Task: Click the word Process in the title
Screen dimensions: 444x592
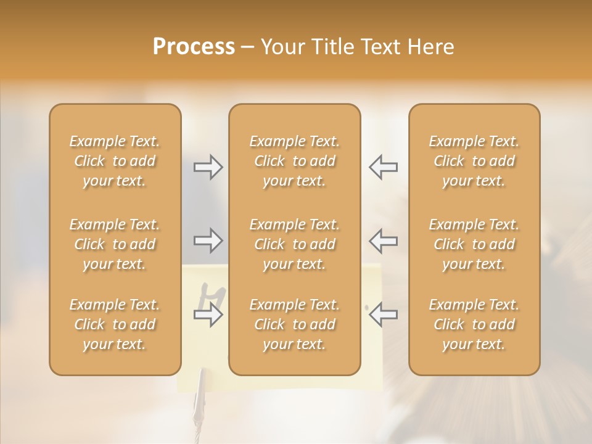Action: (x=194, y=47)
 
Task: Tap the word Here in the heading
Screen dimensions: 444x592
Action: (x=432, y=47)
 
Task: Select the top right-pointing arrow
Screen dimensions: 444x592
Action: (x=208, y=167)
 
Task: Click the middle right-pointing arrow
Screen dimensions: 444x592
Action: (x=208, y=240)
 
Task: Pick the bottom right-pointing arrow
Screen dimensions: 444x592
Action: (x=208, y=316)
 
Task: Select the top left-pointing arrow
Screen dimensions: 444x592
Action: (x=384, y=167)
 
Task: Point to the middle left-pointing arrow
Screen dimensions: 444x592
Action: (x=384, y=240)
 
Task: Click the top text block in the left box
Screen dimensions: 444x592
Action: (x=115, y=161)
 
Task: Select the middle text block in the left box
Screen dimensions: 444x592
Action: (x=115, y=244)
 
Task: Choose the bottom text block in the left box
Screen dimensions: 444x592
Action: (x=115, y=324)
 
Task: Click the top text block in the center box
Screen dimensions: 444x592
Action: (x=295, y=161)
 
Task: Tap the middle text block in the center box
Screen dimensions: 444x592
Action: (x=295, y=244)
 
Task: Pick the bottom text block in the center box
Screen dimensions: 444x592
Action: (x=295, y=324)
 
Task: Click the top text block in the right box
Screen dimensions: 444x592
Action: (x=474, y=161)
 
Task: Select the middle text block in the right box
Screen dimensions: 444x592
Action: (x=474, y=244)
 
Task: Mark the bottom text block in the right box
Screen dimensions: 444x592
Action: (x=474, y=324)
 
